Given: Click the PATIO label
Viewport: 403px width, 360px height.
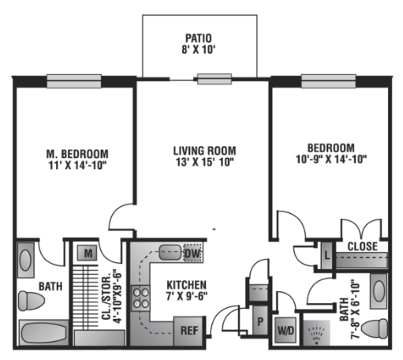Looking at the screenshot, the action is click(199, 38).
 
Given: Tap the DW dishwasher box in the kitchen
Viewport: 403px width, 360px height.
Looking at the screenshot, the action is click(192, 253).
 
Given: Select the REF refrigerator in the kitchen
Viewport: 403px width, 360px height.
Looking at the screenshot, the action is click(189, 331).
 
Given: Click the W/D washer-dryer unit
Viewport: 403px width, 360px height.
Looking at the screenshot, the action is click(285, 330).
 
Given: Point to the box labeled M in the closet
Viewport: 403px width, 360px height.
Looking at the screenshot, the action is click(88, 253).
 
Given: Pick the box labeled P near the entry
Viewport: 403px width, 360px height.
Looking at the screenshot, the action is click(260, 321).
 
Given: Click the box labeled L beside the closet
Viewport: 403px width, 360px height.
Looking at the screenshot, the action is click(327, 255).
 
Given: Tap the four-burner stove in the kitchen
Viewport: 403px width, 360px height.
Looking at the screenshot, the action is click(140, 298).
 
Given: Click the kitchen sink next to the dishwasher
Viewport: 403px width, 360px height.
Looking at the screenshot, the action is click(170, 253).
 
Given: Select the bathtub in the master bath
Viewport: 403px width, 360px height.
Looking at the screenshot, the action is click(44, 333).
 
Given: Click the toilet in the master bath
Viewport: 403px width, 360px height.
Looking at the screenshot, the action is click(31, 301).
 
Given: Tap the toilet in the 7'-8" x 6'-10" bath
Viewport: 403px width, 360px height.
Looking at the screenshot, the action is click(375, 328).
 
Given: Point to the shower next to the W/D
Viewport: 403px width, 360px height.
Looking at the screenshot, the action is click(317, 332).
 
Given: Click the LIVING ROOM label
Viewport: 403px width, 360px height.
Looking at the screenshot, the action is click(204, 151).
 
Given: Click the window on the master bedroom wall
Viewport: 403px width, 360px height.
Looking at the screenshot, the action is click(74, 81).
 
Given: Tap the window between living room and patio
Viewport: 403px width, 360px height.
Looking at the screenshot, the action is click(215, 79).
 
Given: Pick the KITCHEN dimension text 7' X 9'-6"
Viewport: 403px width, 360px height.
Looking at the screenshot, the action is click(187, 296).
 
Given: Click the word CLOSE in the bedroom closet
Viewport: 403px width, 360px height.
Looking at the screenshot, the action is click(363, 246).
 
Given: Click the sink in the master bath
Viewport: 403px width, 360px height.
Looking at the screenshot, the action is click(25, 261).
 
